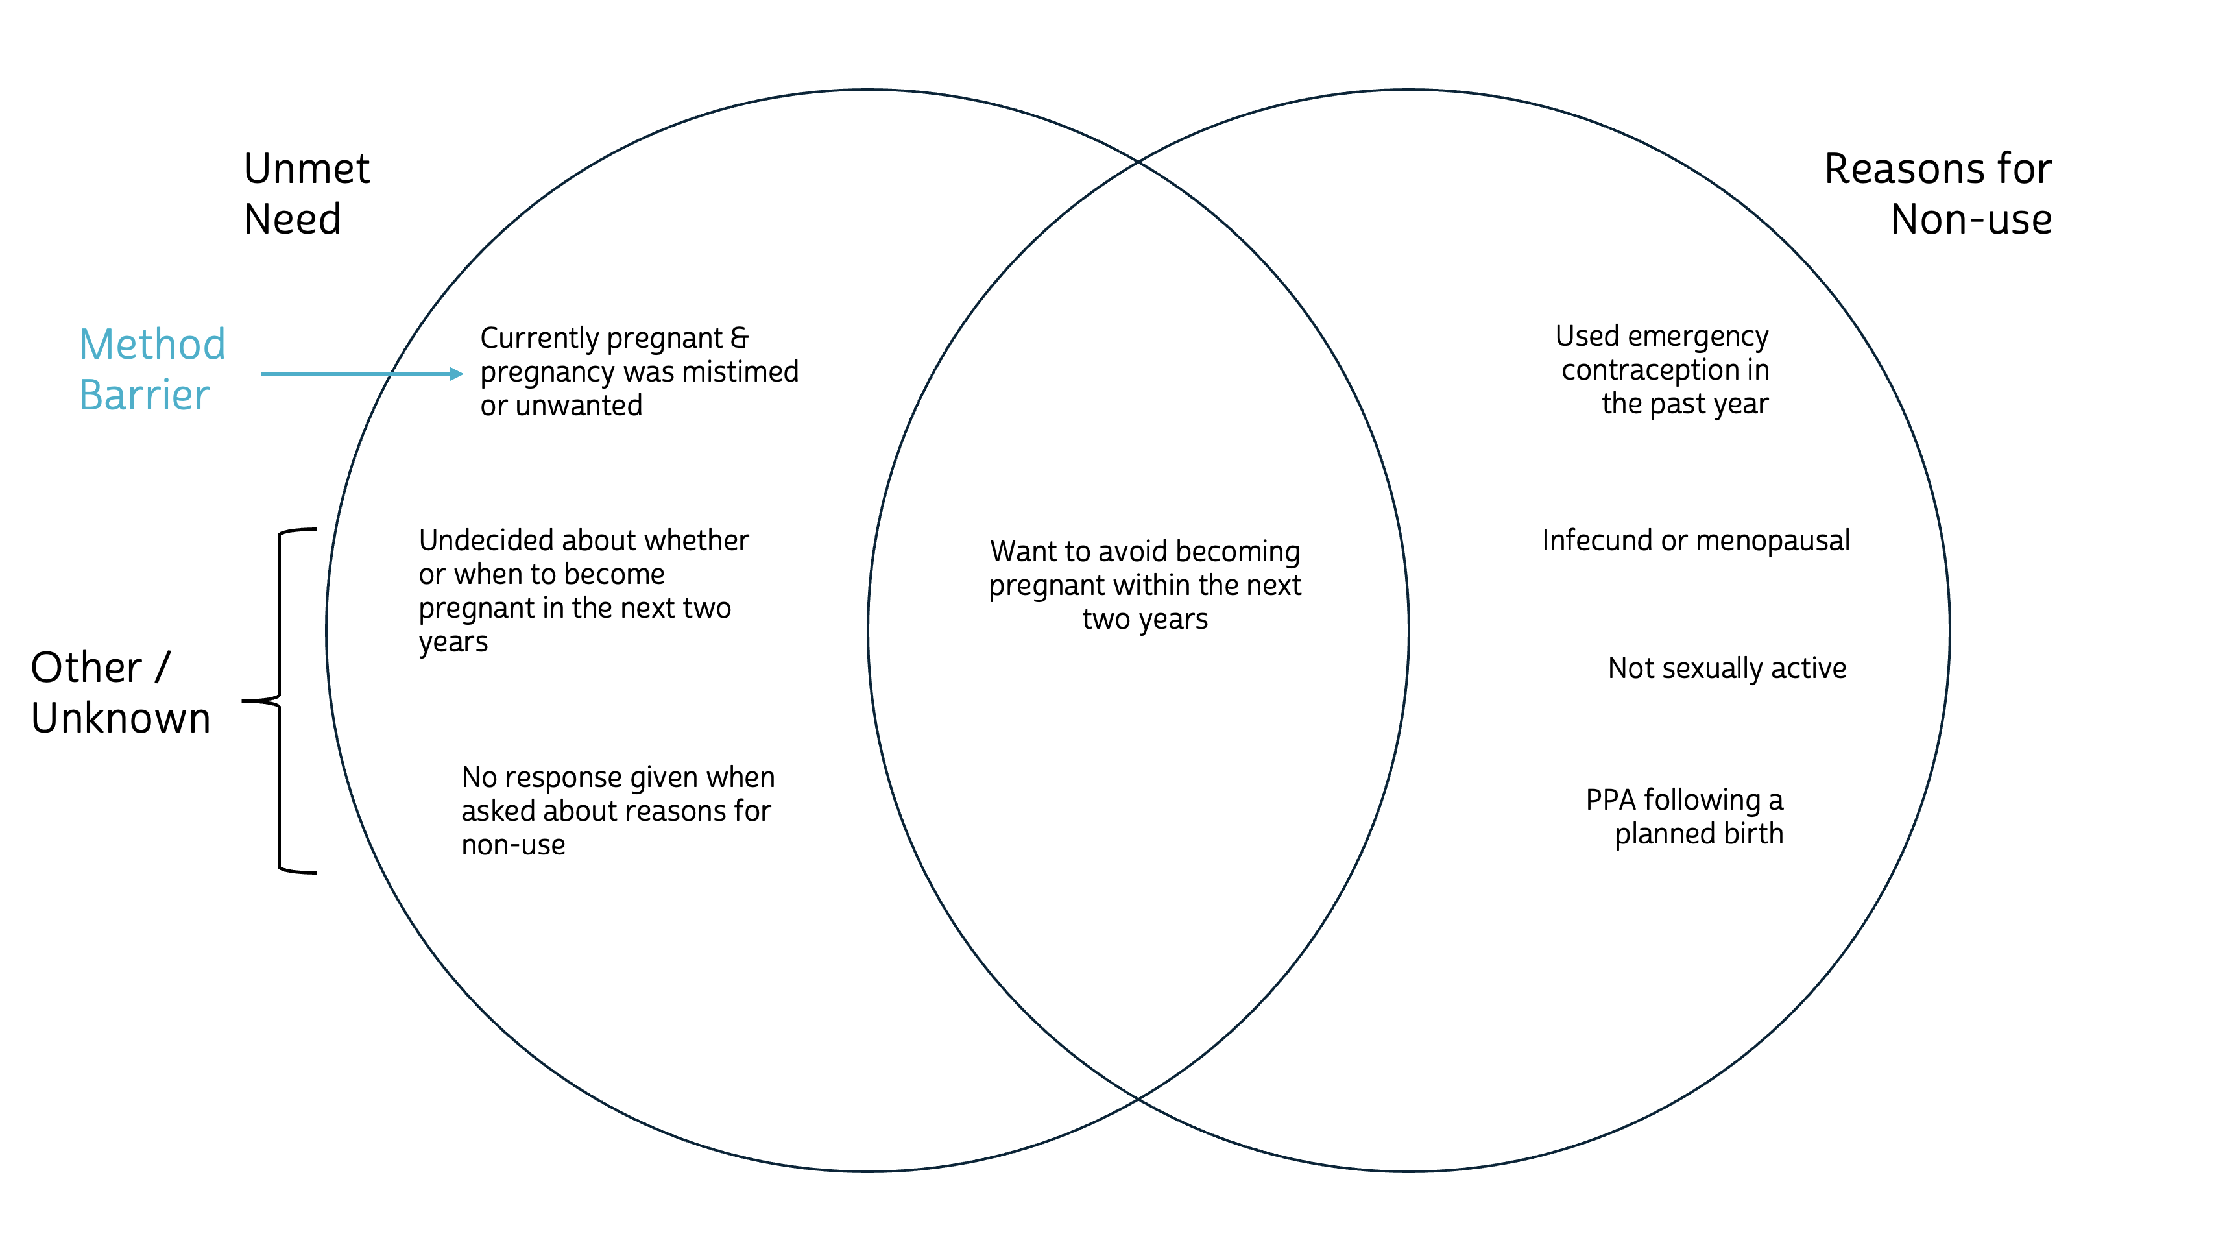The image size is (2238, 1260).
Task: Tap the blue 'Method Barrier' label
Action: pos(151,369)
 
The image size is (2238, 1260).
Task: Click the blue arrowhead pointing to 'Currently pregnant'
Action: pos(456,374)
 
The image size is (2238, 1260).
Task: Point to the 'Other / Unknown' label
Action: pos(120,692)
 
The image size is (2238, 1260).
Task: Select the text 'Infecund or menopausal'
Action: pos(1695,540)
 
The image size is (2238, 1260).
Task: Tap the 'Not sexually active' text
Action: pos(1726,668)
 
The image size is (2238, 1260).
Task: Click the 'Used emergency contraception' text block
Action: pos(1663,370)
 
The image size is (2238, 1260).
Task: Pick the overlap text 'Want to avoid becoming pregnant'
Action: pos(1144,585)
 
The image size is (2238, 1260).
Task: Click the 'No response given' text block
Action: pos(617,811)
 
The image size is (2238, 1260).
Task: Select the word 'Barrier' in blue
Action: pos(144,395)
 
